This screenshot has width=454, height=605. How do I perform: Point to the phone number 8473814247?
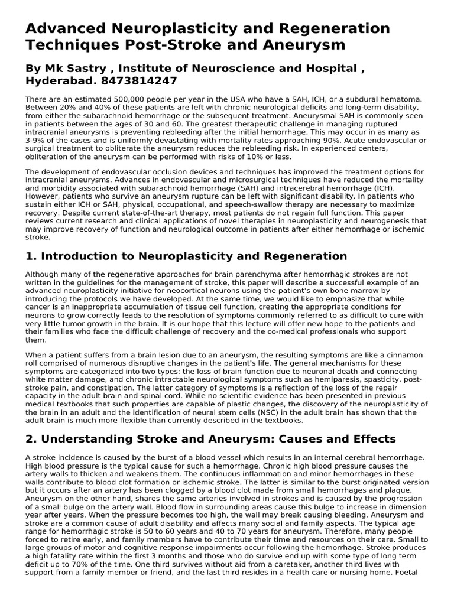141,80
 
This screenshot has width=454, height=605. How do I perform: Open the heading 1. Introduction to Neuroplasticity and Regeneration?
186,256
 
